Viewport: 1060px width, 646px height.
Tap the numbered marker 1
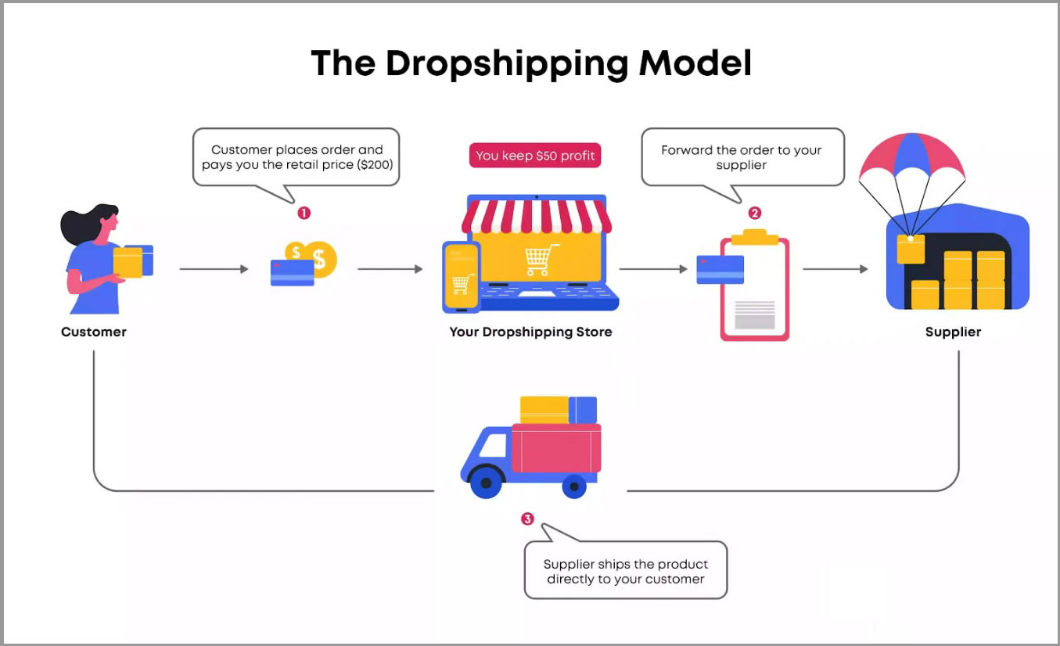point(304,213)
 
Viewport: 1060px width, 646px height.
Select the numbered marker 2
point(754,213)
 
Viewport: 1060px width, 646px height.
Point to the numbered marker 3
point(528,519)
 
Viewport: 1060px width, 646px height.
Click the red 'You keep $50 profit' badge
point(535,156)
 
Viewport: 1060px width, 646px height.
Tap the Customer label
point(94,332)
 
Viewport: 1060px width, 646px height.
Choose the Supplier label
point(953,332)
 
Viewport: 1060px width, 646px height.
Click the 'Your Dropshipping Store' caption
point(530,332)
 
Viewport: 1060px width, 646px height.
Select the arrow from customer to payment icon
point(214,269)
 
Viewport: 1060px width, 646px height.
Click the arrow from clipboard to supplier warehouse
point(835,269)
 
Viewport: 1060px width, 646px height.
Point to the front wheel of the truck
point(486,483)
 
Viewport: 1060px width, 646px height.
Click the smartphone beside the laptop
point(461,276)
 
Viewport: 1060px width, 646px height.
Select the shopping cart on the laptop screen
point(542,260)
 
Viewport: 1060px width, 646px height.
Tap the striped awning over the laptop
point(536,214)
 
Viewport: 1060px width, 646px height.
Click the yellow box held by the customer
point(128,262)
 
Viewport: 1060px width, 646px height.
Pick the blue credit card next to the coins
point(292,272)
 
